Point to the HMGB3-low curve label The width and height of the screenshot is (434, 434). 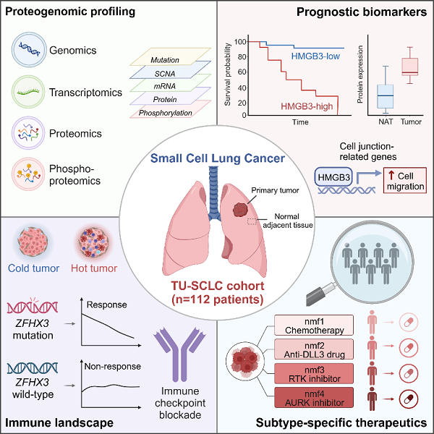point(316,56)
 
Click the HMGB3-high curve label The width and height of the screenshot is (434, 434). point(306,106)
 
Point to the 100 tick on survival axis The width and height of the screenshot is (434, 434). point(239,42)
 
